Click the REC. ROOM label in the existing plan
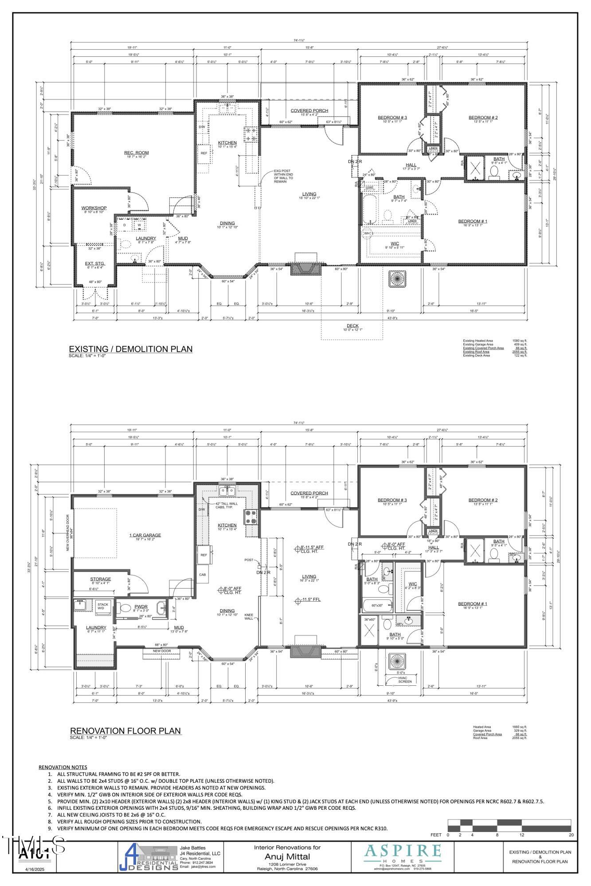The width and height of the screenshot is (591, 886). tap(136, 153)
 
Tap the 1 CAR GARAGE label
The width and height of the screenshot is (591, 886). tap(145, 535)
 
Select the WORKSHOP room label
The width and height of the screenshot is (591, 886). tap(94, 208)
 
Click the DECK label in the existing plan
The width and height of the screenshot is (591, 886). tap(352, 326)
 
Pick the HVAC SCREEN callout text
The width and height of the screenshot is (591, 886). tap(404, 680)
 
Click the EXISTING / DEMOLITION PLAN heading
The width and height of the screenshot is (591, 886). tap(130, 349)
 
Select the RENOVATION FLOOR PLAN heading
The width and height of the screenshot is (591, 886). tap(125, 731)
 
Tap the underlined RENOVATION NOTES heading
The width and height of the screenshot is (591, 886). tap(63, 767)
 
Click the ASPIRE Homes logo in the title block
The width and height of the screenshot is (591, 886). tap(402, 853)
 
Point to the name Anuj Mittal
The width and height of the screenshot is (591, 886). tap(287, 857)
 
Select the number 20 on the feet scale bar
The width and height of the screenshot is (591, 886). tap(571, 835)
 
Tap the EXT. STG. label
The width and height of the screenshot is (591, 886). tap(95, 264)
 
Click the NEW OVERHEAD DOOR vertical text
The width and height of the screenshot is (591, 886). tap(68, 535)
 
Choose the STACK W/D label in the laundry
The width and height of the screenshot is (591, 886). tap(103, 606)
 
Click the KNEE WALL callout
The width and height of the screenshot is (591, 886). tap(249, 616)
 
